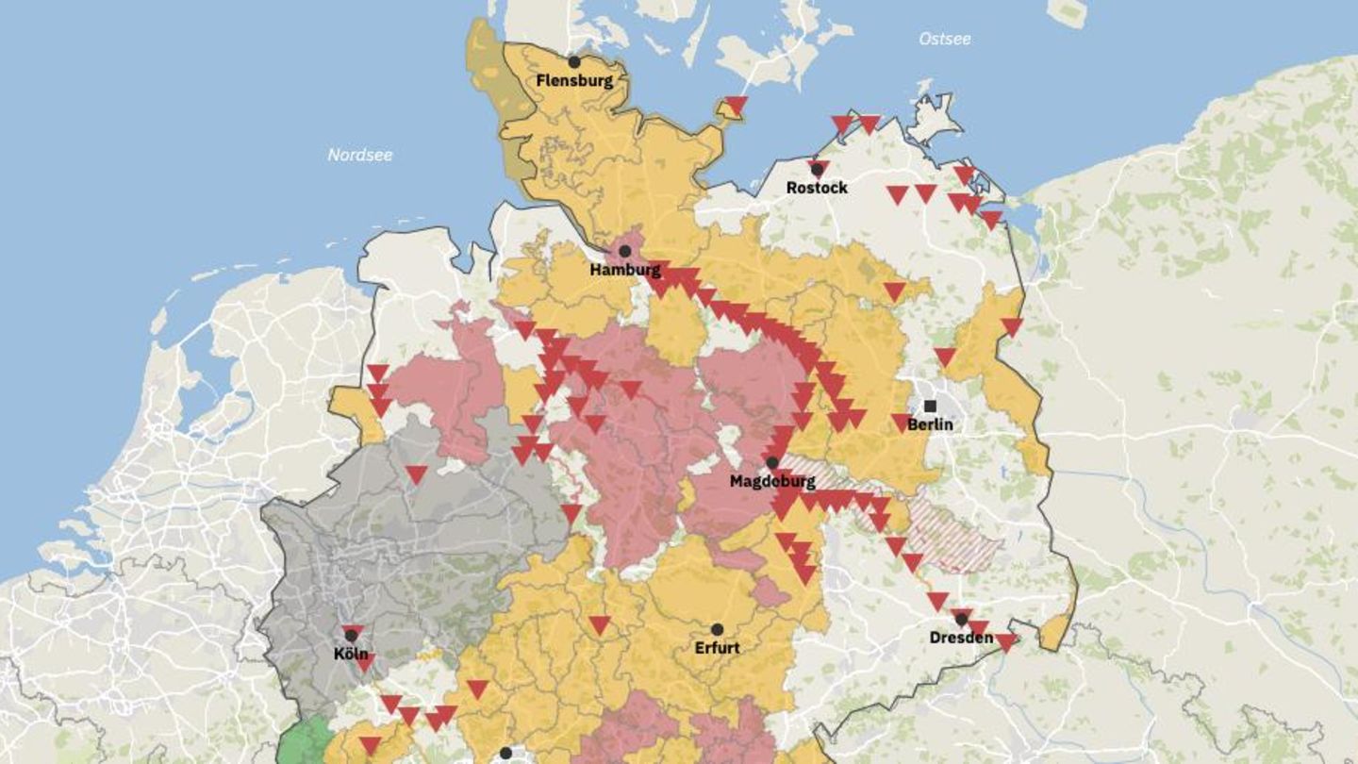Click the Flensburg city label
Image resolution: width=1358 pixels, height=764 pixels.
574,81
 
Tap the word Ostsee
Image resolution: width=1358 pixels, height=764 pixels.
944,39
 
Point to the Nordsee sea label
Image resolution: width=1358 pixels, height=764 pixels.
360,155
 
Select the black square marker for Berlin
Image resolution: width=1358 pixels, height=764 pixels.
931,406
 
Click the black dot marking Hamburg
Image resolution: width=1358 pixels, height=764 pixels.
624,251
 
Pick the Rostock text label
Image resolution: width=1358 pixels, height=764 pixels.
817,188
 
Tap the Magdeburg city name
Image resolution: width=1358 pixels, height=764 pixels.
771,482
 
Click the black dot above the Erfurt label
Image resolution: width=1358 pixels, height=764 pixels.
717,629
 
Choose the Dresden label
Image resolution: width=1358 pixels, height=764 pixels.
961,639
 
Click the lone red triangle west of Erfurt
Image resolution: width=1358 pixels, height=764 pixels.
599,624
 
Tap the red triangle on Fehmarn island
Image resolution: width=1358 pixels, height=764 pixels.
736,104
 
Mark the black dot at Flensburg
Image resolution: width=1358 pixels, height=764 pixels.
573,62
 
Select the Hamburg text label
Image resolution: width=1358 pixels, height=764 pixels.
625,271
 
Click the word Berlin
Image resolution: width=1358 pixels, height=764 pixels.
930,425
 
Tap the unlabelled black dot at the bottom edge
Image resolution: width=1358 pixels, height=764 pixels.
505,754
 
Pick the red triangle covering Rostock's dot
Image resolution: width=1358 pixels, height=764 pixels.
818,168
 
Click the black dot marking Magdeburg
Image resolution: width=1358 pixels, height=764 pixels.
772,463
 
